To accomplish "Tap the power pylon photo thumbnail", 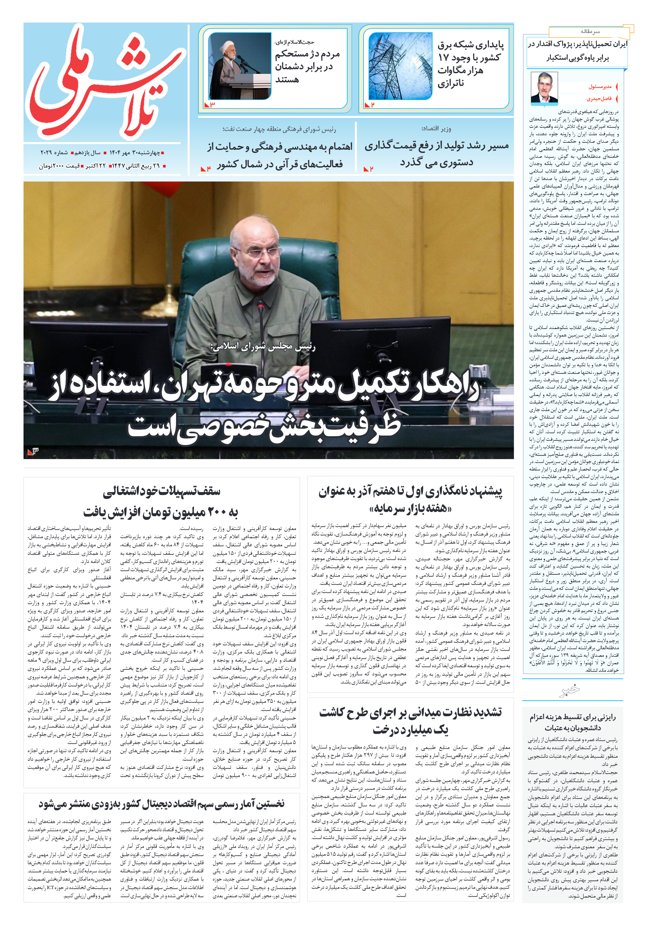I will point(400,66).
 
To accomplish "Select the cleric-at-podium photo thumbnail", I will point(239,66).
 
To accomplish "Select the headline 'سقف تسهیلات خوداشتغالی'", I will point(161,501).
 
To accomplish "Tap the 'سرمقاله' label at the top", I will point(590,31).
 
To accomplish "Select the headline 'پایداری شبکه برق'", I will point(471,64).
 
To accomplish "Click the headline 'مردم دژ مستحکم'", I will point(307,66).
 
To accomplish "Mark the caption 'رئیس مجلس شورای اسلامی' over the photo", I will point(263,347).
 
